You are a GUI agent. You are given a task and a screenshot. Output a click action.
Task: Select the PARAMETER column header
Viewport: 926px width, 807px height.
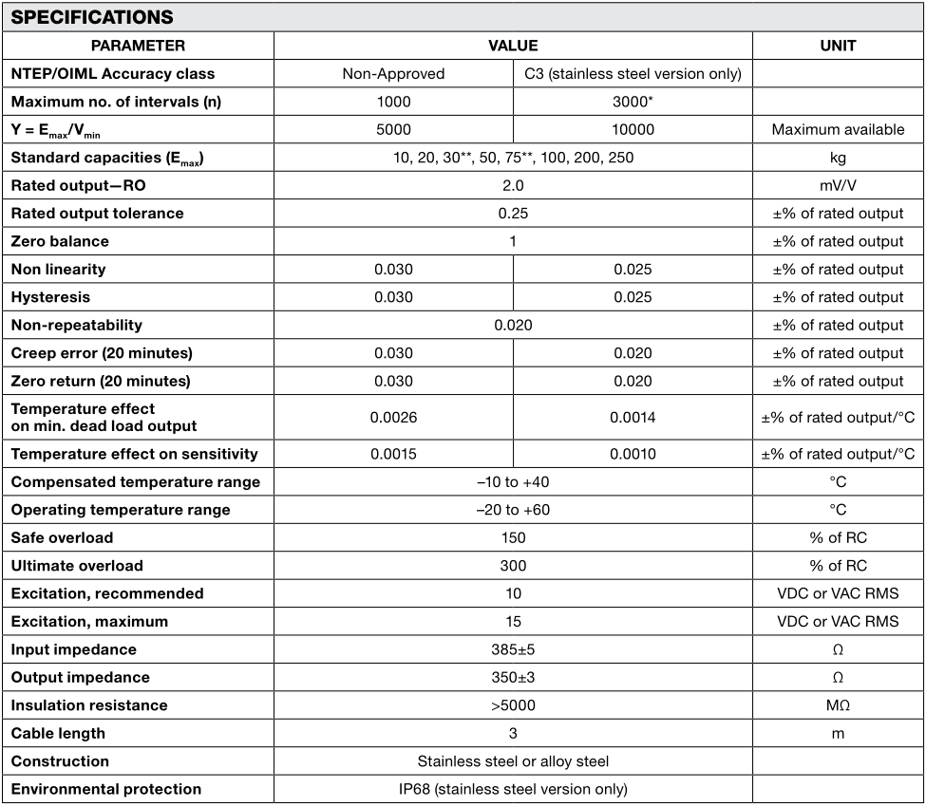tap(139, 46)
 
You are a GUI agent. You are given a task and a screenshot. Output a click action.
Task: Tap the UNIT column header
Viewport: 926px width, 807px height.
tap(838, 46)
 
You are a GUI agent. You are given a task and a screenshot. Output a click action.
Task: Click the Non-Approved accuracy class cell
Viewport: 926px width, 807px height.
tap(393, 73)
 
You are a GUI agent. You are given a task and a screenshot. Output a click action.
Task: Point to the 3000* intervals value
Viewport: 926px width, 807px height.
tap(633, 102)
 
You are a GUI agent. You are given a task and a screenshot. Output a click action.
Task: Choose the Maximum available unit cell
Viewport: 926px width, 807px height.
tap(838, 129)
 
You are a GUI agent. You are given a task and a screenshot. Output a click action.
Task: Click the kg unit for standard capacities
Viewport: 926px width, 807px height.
tap(838, 158)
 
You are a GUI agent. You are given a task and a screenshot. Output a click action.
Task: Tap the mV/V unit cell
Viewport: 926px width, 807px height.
tap(838, 185)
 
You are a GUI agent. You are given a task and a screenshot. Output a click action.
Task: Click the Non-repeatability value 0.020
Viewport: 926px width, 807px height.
tap(513, 325)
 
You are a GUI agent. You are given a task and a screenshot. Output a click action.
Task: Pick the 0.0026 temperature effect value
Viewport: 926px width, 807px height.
tap(393, 417)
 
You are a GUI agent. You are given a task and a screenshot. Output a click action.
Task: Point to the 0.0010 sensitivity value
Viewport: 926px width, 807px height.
tap(633, 454)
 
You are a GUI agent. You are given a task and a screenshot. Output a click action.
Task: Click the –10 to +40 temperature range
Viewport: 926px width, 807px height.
tap(513, 482)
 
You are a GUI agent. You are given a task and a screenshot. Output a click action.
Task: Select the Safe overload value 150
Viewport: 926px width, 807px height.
tap(513, 537)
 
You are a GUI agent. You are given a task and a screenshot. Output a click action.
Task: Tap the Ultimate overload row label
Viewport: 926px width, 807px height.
tap(77, 566)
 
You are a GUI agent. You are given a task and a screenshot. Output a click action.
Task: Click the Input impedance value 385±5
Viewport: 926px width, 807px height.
tap(513, 649)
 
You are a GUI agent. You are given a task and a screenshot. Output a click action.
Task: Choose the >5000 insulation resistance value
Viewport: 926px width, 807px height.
tap(513, 705)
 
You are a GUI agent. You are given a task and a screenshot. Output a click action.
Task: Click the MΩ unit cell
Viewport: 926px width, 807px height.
tap(838, 705)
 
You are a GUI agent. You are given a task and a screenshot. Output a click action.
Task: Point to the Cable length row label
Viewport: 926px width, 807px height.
tap(58, 733)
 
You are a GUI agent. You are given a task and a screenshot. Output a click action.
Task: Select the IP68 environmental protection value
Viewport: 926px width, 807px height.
tap(513, 789)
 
